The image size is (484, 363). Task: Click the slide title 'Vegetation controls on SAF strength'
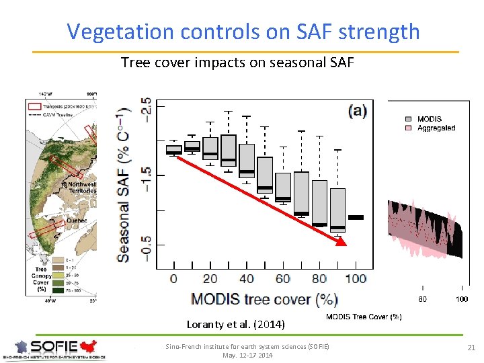pyautogui.click(x=243, y=32)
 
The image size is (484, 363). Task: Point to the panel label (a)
pyautogui.click(x=357, y=111)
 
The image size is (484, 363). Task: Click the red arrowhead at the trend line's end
pyautogui.click(x=341, y=241)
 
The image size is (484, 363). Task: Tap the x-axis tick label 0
pyautogui.click(x=174, y=278)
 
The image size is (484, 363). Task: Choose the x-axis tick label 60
pyautogui.click(x=283, y=278)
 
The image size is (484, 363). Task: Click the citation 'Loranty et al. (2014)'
pyautogui.click(x=235, y=325)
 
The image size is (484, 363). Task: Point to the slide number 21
pyautogui.click(x=470, y=346)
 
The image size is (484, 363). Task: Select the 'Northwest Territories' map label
pyautogui.click(x=79, y=188)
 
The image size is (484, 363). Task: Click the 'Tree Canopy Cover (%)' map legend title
pyautogui.click(x=41, y=278)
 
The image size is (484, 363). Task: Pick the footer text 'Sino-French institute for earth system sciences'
pyautogui.click(x=248, y=346)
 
